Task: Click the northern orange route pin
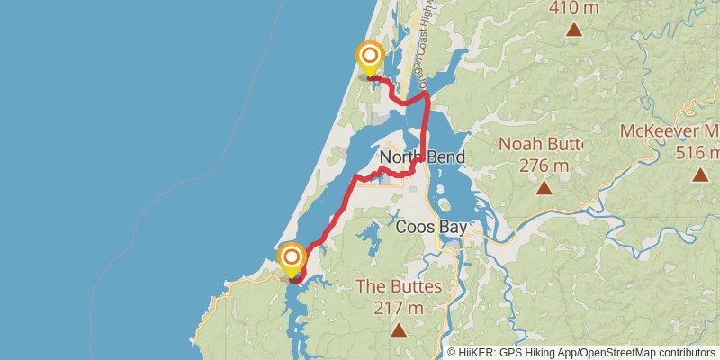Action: point(369,58)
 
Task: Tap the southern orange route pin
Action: point(292,260)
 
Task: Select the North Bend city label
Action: point(422,157)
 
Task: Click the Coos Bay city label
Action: point(431,227)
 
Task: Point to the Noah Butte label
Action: point(541,144)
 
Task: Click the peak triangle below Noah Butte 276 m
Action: point(544,188)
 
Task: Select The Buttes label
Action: point(399,287)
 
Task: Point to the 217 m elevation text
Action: point(399,308)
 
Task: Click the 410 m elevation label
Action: point(573,8)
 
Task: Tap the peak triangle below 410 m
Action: point(573,30)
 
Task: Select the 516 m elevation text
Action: point(698,152)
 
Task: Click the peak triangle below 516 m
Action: point(699,175)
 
